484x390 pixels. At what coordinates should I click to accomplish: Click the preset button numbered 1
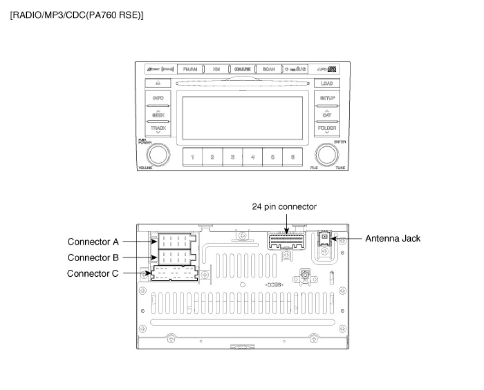pos(192,157)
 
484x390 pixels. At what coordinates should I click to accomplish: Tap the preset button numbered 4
pos(253,157)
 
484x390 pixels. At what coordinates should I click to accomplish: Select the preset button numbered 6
pos(293,157)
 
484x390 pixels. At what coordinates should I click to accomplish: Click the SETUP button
pos(327,99)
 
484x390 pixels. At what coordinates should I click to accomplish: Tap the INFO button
pos(158,99)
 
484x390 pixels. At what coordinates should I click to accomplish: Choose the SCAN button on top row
pos(269,69)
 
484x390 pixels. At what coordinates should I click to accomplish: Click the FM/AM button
pos(189,69)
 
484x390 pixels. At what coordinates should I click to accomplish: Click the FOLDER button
pos(327,128)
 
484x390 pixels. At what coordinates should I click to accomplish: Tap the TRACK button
pos(158,128)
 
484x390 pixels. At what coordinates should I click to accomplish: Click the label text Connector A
pos(93,241)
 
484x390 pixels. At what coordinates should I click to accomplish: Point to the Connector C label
pos(93,273)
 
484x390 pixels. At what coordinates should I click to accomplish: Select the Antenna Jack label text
pos(393,239)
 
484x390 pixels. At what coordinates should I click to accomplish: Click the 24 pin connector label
pos(284,207)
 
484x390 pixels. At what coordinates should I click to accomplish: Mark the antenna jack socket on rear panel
pos(325,239)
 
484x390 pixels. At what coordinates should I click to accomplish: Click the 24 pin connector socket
pos(286,240)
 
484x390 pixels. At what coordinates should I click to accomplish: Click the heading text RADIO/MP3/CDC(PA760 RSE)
pos(77,16)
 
